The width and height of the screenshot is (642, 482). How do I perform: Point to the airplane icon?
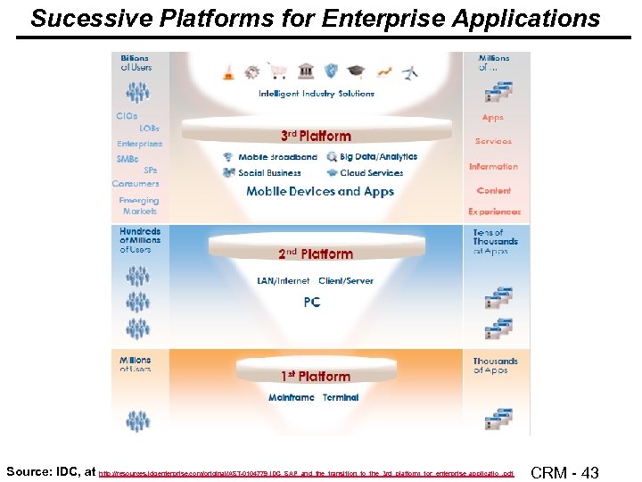pyautogui.click(x=410, y=72)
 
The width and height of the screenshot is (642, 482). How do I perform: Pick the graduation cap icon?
pyautogui.click(x=358, y=72)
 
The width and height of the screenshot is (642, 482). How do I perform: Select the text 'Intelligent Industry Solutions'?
pyautogui.click(x=317, y=94)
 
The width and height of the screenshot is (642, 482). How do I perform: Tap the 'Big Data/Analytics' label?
pyautogui.click(x=378, y=157)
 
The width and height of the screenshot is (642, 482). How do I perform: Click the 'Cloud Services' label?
pyautogui.click(x=371, y=173)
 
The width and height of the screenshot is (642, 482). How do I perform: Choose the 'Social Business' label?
pyautogui.click(x=269, y=173)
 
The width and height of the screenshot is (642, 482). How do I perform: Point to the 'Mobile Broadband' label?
pyautogui.click(x=276, y=157)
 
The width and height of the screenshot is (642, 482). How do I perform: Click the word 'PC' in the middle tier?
pyautogui.click(x=311, y=303)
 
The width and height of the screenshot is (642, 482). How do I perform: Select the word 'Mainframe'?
pyautogui.click(x=292, y=397)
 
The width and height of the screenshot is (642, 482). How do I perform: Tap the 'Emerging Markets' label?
pyautogui.click(x=138, y=206)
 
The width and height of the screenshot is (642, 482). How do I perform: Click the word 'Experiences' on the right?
pyautogui.click(x=494, y=212)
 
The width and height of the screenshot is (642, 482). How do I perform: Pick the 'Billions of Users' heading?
pyautogui.click(x=136, y=62)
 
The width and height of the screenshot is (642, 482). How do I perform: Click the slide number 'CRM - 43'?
pyautogui.click(x=564, y=472)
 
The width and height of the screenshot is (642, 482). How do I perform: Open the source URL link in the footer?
pyautogui.click(x=307, y=474)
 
